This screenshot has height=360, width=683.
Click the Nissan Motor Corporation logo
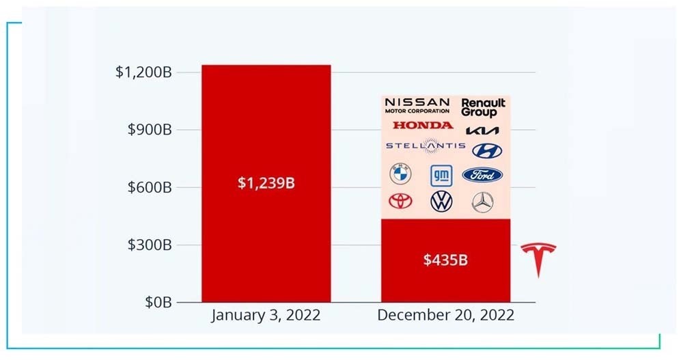(x=417, y=105)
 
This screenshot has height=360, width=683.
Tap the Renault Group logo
(x=483, y=108)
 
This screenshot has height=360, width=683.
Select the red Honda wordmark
(x=423, y=126)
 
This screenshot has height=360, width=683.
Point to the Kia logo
(x=482, y=130)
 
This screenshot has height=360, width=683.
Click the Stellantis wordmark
(x=426, y=146)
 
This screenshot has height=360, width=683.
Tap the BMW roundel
(x=400, y=174)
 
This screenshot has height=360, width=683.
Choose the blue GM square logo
(x=441, y=176)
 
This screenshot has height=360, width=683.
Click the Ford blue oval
(x=482, y=175)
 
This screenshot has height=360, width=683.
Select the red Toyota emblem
(x=400, y=201)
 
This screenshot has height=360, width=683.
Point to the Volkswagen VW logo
(x=441, y=202)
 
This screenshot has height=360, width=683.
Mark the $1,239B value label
(x=266, y=183)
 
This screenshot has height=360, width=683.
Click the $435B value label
(x=445, y=260)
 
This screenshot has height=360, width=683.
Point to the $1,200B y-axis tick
(x=143, y=72)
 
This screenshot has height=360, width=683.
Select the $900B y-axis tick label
(x=150, y=129)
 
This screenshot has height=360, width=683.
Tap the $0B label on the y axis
(x=158, y=302)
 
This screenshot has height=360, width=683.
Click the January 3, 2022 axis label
(x=266, y=315)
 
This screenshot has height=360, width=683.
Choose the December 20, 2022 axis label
(x=445, y=315)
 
